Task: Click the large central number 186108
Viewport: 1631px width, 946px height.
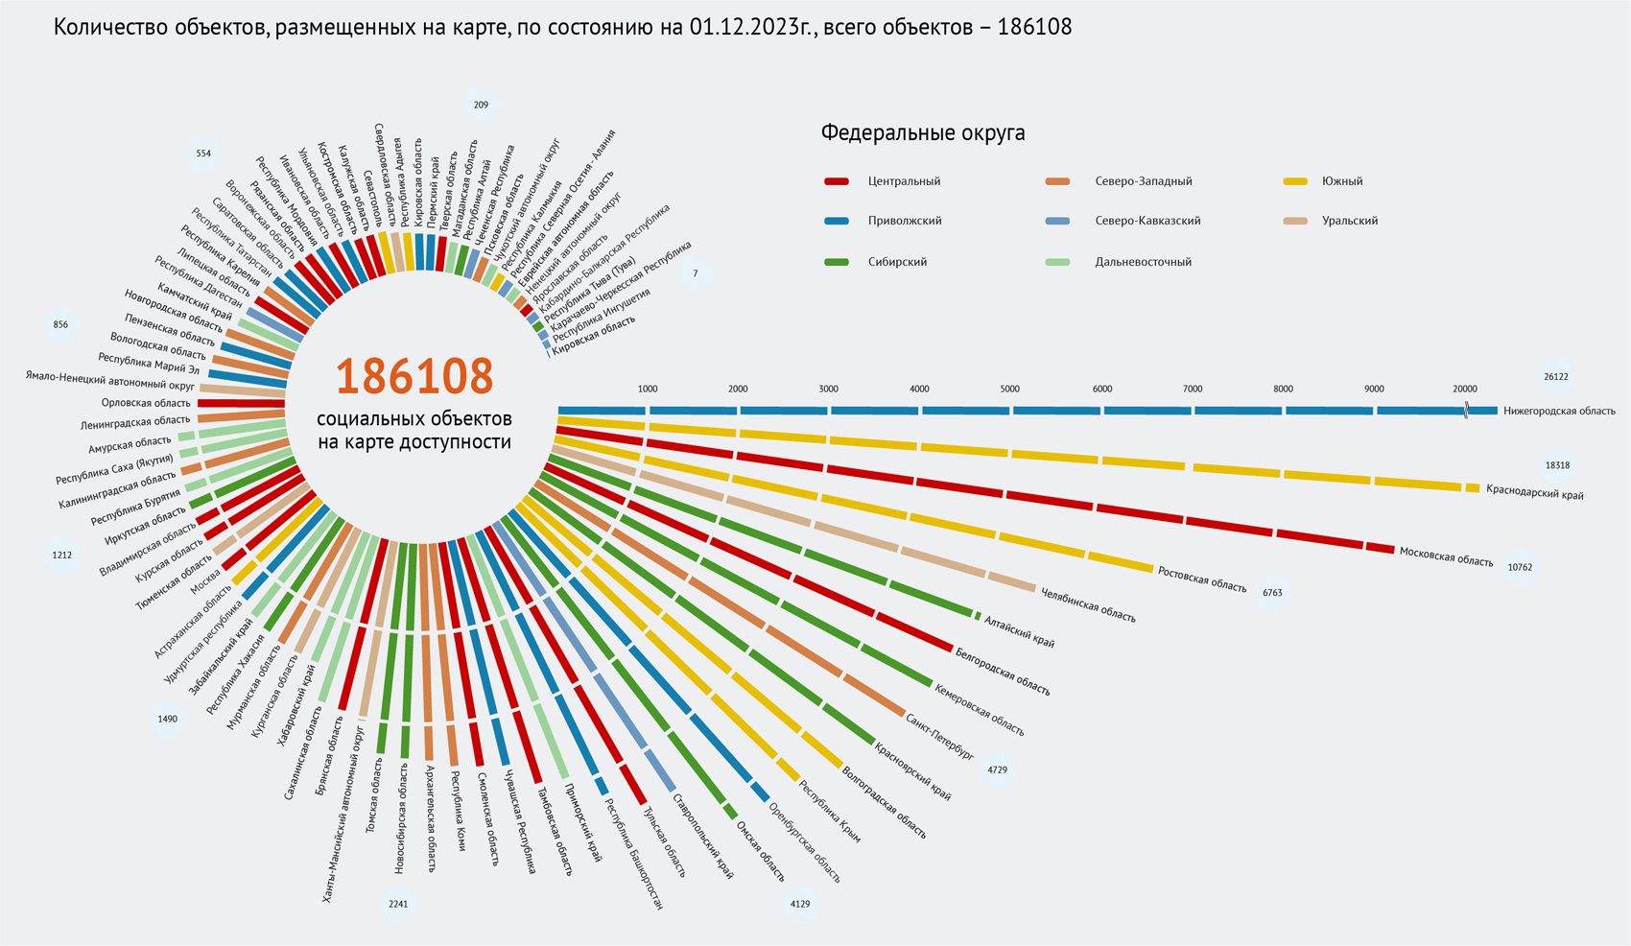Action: pyautogui.click(x=414, y=377)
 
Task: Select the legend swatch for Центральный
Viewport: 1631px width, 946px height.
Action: pyautogui.click(x=837, y=181)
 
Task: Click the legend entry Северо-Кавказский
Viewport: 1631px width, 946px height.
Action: pyautogui.click(x=1147, y=221)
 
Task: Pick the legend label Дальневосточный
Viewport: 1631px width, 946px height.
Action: pyautogui.click(x=1143, y=262)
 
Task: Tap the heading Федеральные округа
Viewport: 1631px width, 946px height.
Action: pyautogui.click(x=922, y=133)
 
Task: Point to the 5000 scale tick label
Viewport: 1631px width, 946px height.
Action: pyautogui.click(x=1010, y=389)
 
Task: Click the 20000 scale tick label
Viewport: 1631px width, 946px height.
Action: pyautogui.click(x=1464, y=389)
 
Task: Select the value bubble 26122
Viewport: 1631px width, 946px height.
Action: pyautogui.click(x=1555, y=377)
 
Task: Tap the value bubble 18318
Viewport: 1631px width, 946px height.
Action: pyautogui.click(x=1556, y=465)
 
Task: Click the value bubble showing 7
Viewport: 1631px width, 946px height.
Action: pyautogui.click(x=696, y=273)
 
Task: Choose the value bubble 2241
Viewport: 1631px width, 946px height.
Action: pyautogui.click(x=398, y=904)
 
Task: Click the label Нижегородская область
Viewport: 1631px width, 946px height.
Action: pyautogui.click(x=1559, y=411)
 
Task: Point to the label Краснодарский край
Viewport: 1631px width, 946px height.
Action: pyautogui.click(x=1534, y=492)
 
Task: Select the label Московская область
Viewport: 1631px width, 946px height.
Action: pyautogui.click(x=1446, y=556)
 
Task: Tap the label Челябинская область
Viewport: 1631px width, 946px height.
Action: pyautogui.click(x=1088, y=605)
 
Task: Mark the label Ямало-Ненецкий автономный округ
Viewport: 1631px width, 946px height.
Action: pyautogui.click(x=110, y=381)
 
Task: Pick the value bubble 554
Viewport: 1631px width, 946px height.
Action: pyautogui.click(x=203, y=154)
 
